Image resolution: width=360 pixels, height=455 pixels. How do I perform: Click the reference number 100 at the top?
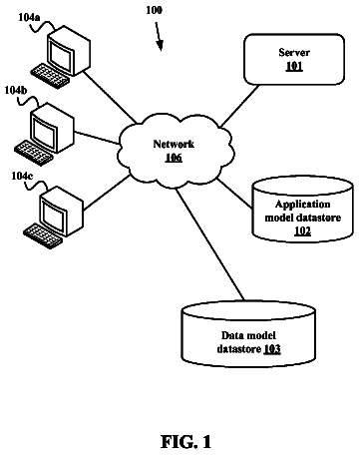pos(155,10)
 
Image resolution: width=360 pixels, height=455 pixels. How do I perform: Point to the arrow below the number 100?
pos(159,37)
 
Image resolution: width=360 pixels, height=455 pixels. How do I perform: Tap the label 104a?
pos(29,17)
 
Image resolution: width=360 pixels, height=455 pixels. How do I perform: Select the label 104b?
pos(16,90)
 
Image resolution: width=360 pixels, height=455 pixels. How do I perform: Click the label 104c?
pos(22,176)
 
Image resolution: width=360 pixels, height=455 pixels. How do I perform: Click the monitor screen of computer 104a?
pos(61,56)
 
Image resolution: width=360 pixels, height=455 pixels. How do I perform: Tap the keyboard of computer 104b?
pos(34,153)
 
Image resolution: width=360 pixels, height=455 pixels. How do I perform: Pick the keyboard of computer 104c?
pos(43,235)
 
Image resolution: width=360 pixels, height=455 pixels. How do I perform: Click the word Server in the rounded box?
pos(294,53)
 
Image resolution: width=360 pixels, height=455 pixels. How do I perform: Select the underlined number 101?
pos(294,66)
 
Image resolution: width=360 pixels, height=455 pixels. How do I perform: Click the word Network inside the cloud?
pos(174,144)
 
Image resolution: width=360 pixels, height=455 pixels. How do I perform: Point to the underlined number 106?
pos(174,157)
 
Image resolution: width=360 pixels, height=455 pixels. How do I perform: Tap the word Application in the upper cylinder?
pos(303,204)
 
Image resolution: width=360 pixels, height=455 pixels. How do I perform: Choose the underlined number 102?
pos(302,230)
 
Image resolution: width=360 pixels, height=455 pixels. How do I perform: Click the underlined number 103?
pos(272,349)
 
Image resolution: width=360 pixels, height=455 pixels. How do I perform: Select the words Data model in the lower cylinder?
pos(248,335)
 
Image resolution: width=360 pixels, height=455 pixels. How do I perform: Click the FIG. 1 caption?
pos(186,442)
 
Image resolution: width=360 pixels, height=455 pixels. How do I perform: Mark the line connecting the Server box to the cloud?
pos(239,106)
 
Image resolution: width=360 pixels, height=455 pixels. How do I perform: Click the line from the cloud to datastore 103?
pos(209,243)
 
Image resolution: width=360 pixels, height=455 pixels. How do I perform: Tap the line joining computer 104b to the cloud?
pos(97,138)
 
